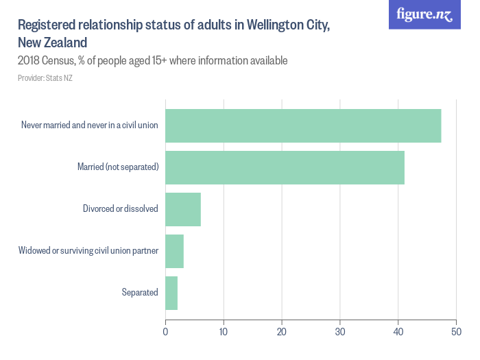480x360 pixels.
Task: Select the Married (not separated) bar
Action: pyautogui.click(x=285, y=167)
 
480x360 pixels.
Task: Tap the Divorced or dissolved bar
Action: pyautogui.click(x=183, y=209)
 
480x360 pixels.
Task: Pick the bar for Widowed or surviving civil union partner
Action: pyautogui.click(x=174, y=251)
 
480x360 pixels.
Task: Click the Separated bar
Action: pyautogui.click(x=171, y=293)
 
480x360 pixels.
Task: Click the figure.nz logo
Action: pyautogui.click(x=424, y=14)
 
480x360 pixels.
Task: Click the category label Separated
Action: pyautogui.click(x=140, y=293)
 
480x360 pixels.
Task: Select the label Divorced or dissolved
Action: pyautogui.click(x=121, y=209)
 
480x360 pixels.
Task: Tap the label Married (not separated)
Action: pyautogui.click(x=118, y=167)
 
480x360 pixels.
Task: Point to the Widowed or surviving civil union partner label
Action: pyautogui.click(x=88, y=251)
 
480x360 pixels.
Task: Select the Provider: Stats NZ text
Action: pyautogui.click(x=45, y=78)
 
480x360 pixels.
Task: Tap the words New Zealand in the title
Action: pyautogui.click(x=52, y=43)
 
